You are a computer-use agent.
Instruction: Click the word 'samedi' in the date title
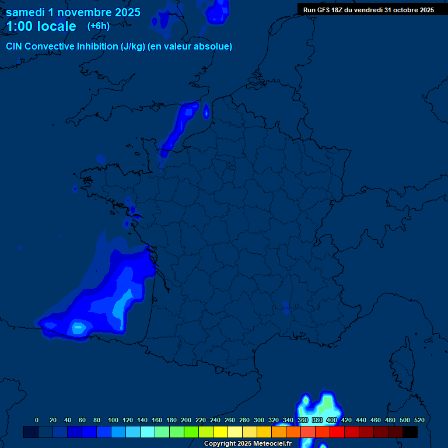pyautogui.click(x=26, y=12)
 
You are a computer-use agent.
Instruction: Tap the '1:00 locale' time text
pyautogui.click(x=41, y=26)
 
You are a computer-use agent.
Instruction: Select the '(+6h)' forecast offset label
pyautogui.click(x=98, y=26)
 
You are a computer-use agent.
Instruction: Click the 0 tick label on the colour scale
pyautogui.click(x=37, y=420)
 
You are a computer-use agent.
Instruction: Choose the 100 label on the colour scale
pyautogui.click(x=113, y=420)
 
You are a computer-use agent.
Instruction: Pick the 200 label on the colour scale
pyautogui.click(x=186, y=420)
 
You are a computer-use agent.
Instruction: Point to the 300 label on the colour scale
pyautogui.click(x=259, y=420)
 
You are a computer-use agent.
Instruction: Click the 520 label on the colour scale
pyautogui.click(x=419, y=420)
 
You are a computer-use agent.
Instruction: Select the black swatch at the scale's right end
pyautogui.click(x=410, y=432)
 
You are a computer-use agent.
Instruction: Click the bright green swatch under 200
pyautogui.click(x=191, y=432)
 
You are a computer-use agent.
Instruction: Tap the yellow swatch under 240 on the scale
pyautogui.click(x=220, y=432)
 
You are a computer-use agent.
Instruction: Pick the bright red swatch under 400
pyautogui.click(x=337, y=432)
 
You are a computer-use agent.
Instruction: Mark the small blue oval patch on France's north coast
pyautogui.click(x=206, y=110)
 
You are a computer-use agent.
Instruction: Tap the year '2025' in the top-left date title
pyautogui.click(x=123, y=12)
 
